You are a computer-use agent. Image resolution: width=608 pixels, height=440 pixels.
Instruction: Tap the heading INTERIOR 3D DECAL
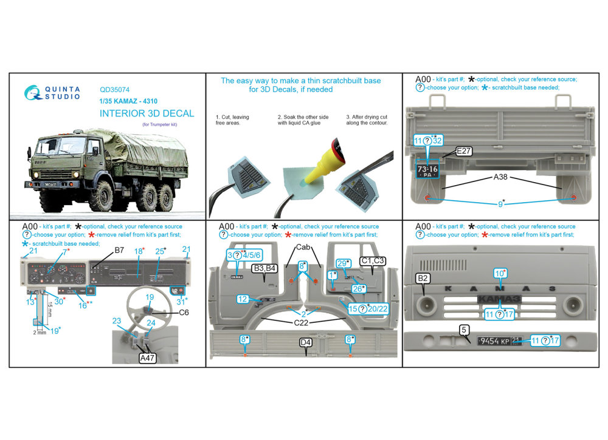(x=147, y=113)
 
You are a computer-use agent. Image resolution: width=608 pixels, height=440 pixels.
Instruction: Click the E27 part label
(x=463, y=152)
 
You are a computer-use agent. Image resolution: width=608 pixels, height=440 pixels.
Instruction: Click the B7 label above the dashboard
(x=119, y=249)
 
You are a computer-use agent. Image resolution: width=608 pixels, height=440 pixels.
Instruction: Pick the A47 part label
(x=148, y=359)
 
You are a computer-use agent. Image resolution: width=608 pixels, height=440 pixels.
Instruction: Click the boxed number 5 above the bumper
(x=464, y=330)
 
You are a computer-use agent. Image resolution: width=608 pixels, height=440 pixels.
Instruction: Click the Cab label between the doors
(x=304, y=248)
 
